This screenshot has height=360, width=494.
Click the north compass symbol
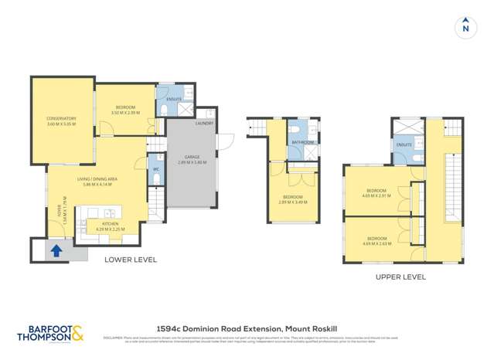pos(465,28)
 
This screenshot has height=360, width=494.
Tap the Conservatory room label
pos(61,121)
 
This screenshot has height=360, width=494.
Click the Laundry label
pos(204,124)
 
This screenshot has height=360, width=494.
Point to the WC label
pos(155,168)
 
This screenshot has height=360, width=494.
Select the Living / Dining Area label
pos(95,182)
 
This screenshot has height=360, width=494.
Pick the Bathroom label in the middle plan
pos(302,142)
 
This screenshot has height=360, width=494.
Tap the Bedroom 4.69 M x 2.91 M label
pos(376,194)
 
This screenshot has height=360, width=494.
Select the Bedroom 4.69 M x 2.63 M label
pos(376,240)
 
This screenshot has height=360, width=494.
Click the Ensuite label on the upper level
pos(404,144)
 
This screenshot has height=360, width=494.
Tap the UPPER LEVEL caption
pos(400,276)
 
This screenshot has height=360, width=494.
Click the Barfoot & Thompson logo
pos(51,333)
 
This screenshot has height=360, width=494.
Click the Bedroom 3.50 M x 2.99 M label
pos(125,110)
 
